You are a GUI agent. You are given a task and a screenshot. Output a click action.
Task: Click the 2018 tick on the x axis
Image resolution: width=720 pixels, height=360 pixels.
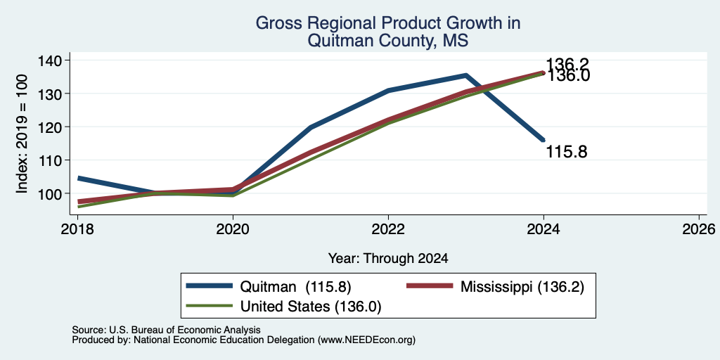[77, 229]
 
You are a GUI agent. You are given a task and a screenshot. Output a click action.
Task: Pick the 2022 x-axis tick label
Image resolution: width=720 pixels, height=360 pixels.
[388, 229]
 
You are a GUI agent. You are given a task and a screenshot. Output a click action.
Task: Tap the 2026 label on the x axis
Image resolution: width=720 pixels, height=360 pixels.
[699, 229]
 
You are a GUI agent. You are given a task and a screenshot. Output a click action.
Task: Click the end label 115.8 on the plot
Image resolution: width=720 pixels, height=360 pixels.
[566, 152]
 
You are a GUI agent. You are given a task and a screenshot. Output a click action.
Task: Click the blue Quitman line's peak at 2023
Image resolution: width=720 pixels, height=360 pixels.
[466, 75]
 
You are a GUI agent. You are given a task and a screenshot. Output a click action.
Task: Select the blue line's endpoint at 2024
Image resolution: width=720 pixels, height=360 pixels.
[544, 140]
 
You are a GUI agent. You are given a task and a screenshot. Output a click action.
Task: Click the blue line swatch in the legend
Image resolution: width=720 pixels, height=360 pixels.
[210, 286]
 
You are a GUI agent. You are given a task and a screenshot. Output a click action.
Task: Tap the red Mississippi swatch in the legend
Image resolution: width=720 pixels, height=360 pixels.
[430, 286]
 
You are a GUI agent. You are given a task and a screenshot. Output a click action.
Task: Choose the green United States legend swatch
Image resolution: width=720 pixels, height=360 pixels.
[210, 305]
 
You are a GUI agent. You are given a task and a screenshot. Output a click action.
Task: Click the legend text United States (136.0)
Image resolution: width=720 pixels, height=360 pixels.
[311, 306]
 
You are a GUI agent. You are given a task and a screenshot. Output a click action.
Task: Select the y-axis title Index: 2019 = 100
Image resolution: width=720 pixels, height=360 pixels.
[22, 134]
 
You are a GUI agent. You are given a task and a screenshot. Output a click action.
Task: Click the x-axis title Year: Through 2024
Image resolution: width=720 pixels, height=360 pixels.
[388, 259]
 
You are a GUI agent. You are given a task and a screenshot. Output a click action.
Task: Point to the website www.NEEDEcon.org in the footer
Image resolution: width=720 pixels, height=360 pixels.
[366, 340]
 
